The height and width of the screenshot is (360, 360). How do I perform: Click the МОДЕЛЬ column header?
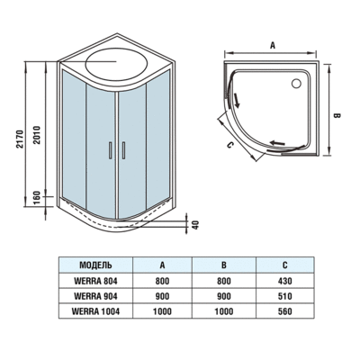[95, 266]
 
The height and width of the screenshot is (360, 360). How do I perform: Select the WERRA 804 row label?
[95, 281]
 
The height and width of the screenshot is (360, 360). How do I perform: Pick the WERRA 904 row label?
[95, 296]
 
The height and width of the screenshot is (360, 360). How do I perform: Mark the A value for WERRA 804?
[163, 281]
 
